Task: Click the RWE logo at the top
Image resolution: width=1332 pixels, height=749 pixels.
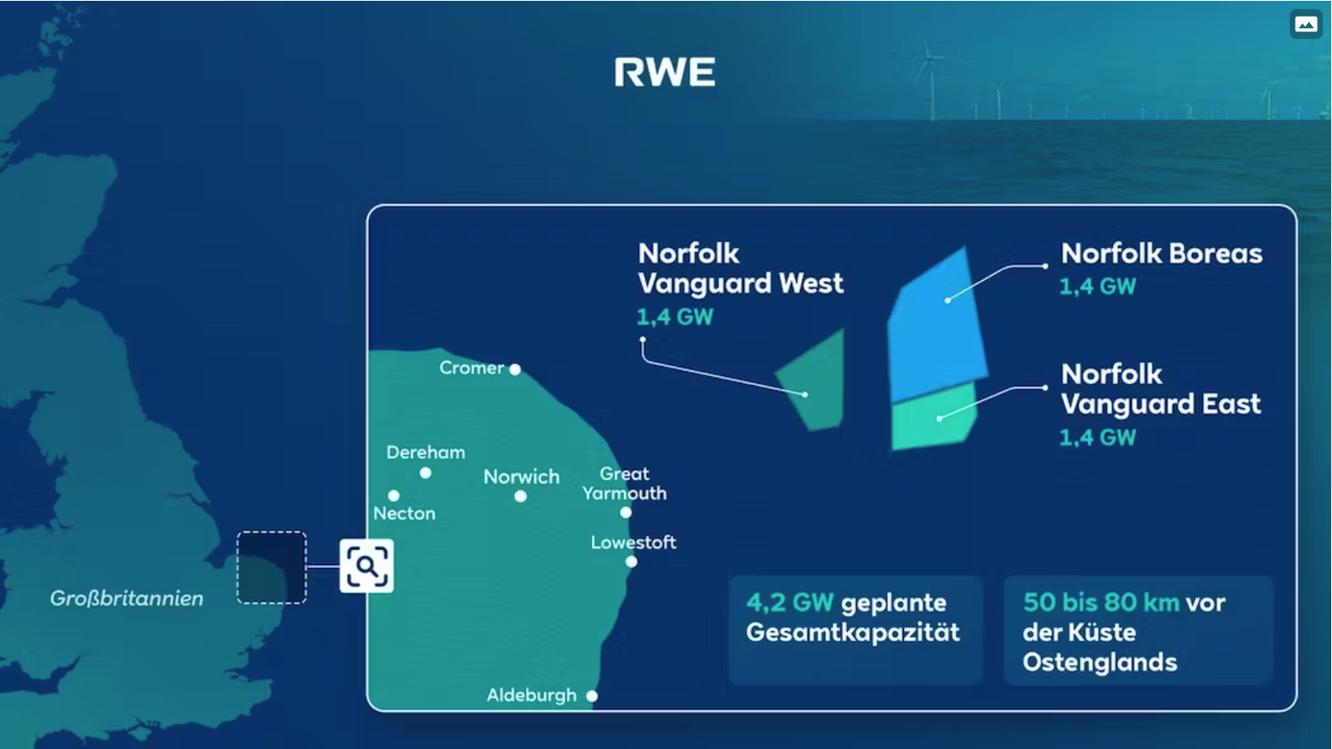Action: (665, 72)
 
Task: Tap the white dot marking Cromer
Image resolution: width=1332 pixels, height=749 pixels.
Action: (515, 370)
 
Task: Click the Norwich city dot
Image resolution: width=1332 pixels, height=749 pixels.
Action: (520, 496)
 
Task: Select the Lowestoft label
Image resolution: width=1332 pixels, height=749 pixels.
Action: (634, 543)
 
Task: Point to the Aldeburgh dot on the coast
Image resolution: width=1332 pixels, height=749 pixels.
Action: (591, 696)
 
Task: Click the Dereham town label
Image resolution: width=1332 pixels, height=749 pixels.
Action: (426, 452)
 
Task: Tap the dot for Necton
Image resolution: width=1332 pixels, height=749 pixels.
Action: (393, 495)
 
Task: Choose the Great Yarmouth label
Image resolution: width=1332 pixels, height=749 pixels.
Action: (625, 484)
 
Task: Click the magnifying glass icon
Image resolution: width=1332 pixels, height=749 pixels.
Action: (366, 566)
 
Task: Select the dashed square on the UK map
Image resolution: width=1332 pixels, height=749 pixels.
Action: (272, 568)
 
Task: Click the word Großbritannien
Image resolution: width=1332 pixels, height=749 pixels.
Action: (127, 598)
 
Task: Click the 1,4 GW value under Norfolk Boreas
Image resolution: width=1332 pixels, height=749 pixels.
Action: (1098, 287)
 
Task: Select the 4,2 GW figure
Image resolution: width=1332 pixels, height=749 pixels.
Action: (789, 602)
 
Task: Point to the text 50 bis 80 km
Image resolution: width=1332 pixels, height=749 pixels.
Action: (1101, 602)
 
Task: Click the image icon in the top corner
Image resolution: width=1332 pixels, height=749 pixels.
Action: (1305, 24)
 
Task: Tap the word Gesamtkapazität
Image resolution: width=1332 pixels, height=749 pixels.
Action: (852, 632)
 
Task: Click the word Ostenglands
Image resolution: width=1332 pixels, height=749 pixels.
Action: (1100, 663)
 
